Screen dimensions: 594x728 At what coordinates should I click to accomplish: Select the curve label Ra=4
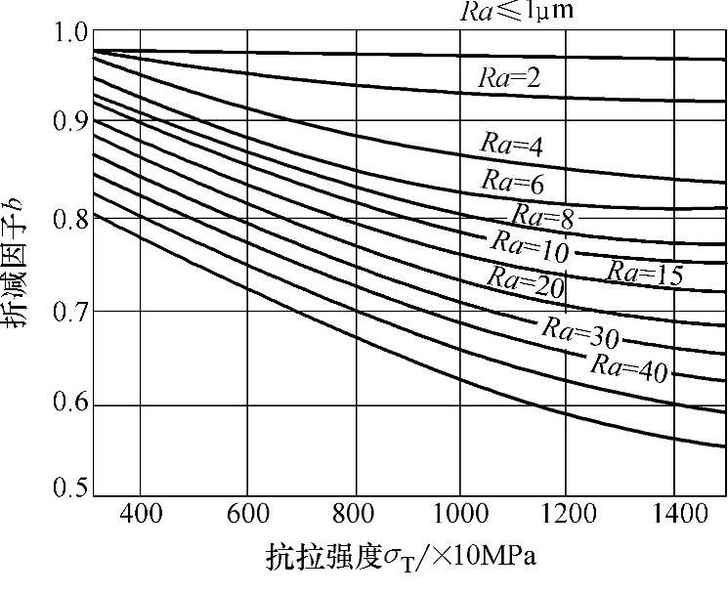(510, 143)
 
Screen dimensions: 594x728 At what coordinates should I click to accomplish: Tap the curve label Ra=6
(512, 181)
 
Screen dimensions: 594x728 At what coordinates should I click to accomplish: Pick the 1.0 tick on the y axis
(68, 33)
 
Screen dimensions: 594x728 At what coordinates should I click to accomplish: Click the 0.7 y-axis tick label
(68, 312)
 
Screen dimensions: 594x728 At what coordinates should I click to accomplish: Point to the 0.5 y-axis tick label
(68, 488)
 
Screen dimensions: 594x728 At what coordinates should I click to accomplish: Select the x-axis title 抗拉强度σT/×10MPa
(400, 560)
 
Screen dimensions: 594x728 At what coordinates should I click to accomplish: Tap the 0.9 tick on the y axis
(68, 122)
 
